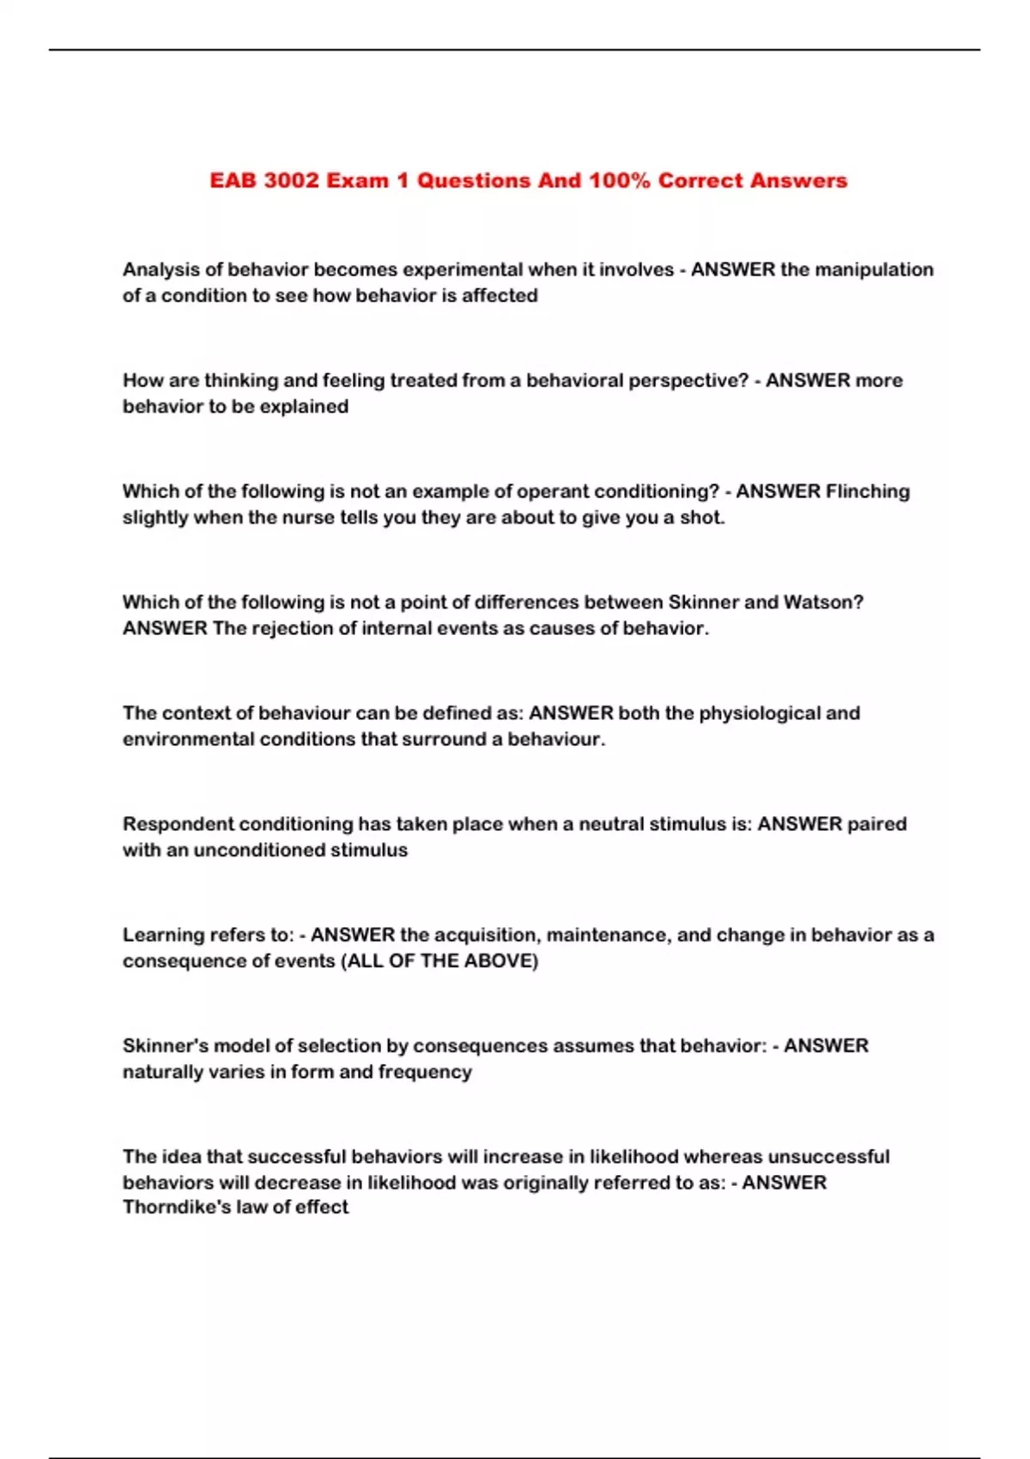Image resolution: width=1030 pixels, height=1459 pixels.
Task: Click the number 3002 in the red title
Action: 292,181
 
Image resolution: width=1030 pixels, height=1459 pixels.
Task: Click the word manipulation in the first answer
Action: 874,269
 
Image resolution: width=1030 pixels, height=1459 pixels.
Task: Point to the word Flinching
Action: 867,491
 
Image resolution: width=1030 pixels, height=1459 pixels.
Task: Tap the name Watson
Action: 823,602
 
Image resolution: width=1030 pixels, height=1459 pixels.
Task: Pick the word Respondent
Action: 178,824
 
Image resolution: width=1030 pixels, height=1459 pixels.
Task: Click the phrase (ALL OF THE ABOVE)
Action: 440,960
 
